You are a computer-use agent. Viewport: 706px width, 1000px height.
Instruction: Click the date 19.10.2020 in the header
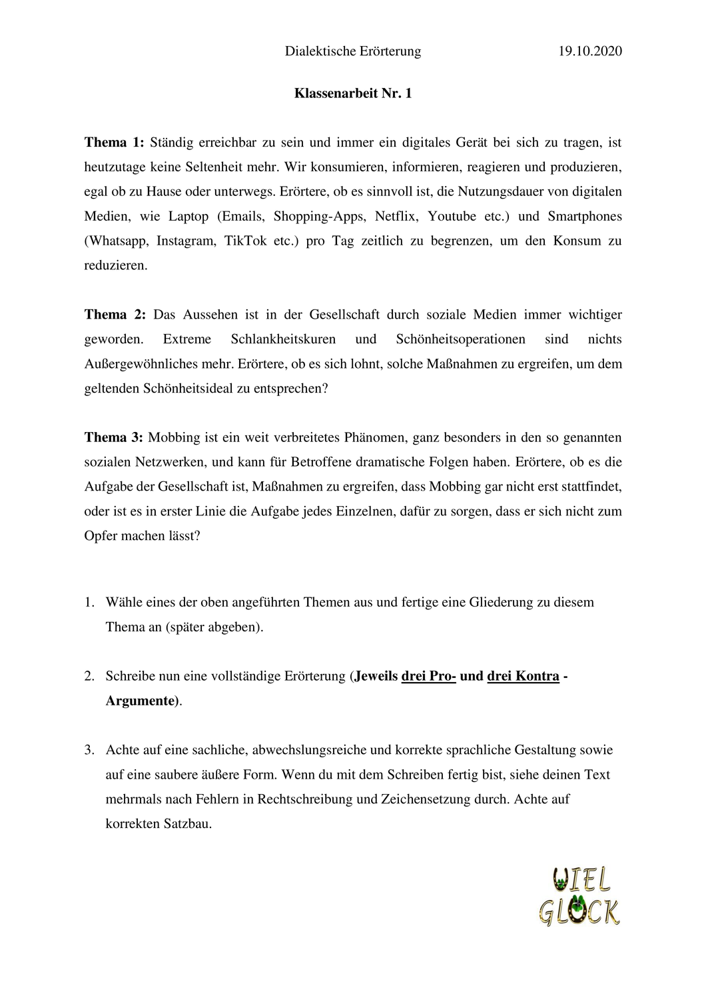tap(590, 51)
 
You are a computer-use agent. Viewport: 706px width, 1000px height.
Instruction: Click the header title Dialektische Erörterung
tap(353, 51)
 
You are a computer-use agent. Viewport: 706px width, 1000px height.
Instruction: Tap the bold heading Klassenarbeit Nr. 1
tap(353, 93)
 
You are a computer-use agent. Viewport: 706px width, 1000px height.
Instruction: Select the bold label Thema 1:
tap(114, 142)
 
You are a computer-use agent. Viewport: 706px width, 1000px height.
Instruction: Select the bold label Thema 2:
tap(115, 314)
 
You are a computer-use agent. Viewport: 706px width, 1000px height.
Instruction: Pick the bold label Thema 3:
tap(114, 437)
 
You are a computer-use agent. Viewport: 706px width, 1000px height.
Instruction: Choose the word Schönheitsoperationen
tap(461, 339)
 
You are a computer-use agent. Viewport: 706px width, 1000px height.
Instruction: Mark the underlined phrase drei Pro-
tap(428, 676)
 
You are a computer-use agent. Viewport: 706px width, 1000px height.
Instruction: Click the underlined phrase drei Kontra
tap(524, 676)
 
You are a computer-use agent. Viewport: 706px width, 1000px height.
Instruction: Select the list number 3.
tap(89, 750)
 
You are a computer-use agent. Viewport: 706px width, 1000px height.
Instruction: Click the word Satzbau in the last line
tap(186, 823)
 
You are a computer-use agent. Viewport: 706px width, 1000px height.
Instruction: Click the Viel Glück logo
tap(579, 896)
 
